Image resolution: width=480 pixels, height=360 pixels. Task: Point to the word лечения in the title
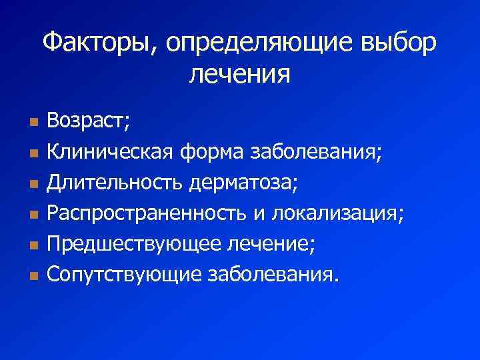[240, 74]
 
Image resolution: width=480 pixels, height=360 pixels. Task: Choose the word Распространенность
[148, 213]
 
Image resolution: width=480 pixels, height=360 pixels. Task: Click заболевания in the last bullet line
[269, 273]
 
